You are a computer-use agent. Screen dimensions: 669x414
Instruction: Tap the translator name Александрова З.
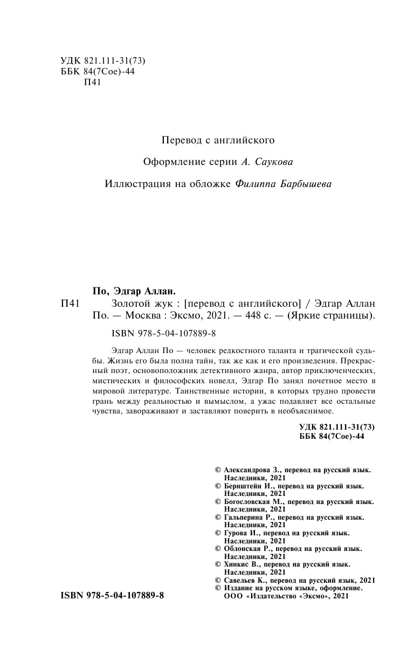point(252,470)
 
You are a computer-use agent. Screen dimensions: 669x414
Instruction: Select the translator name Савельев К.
point(247,580)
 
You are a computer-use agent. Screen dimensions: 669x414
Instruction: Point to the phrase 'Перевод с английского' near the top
point(218,140)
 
